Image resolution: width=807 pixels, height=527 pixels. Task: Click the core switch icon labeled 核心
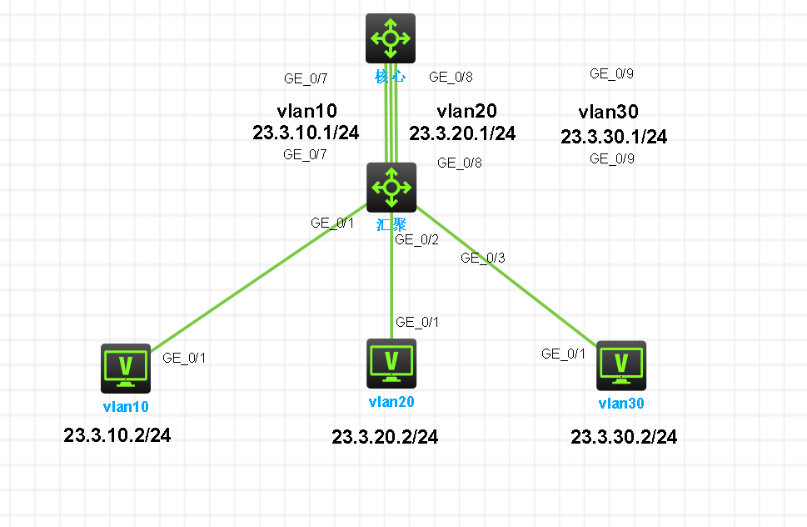391,38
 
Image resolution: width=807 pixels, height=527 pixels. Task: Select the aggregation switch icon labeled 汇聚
391,188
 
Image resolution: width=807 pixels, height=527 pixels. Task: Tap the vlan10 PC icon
126,369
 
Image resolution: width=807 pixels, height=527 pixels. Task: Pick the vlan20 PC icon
391,364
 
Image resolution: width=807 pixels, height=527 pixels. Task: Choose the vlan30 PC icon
621,366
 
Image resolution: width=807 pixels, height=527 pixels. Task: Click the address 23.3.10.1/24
306,133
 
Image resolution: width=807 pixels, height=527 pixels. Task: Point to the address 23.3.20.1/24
462,133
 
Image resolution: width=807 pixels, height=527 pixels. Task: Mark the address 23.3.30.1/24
614,137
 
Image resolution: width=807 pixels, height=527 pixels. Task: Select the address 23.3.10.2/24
117,435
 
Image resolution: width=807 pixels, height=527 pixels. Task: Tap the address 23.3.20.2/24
385,437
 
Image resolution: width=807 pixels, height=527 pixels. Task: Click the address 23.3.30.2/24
624,437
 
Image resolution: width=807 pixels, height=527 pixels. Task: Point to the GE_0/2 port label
417,239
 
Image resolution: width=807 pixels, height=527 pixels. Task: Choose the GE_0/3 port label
483,258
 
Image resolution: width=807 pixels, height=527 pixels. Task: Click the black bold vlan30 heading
608,112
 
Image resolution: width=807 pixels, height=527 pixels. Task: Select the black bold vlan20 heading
467,111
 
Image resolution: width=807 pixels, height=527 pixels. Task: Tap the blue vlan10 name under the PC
126,406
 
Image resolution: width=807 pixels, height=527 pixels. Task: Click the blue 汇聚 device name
391,224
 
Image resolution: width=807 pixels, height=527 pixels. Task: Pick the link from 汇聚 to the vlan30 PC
506,275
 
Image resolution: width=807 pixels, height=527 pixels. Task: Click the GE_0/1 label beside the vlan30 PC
564,354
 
